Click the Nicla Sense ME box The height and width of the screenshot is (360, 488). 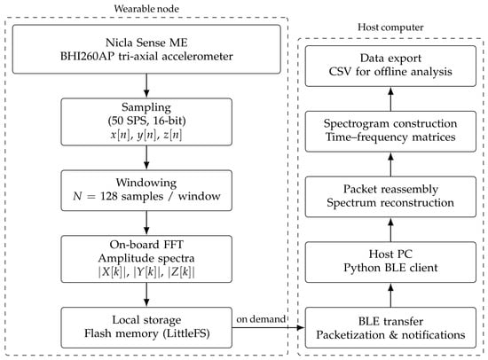[146, 50]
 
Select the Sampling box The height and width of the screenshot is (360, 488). [146, 121]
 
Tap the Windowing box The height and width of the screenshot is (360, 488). [146, 191]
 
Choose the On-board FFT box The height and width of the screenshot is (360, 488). [146, 259]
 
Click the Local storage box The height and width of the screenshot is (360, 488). [146, 327]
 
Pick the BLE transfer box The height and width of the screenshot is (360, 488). [390, 327]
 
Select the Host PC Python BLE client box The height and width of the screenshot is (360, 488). [390, 262]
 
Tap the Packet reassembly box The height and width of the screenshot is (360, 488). [390, 197]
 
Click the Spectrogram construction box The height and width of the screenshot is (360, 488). [390, 131]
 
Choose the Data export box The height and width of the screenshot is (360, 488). [390, 66]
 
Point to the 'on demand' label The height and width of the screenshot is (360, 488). [261, 319]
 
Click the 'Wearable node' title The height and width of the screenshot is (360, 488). [146, 8]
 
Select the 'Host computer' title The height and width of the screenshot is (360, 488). [390, 27]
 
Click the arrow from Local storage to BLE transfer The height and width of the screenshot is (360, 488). [269, 327]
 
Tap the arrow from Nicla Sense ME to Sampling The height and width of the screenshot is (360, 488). [146, 86]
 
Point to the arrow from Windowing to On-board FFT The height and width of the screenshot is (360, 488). [146, 223]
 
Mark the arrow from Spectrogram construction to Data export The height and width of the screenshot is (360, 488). [390, 98]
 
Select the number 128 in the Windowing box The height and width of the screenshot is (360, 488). [109, 196]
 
